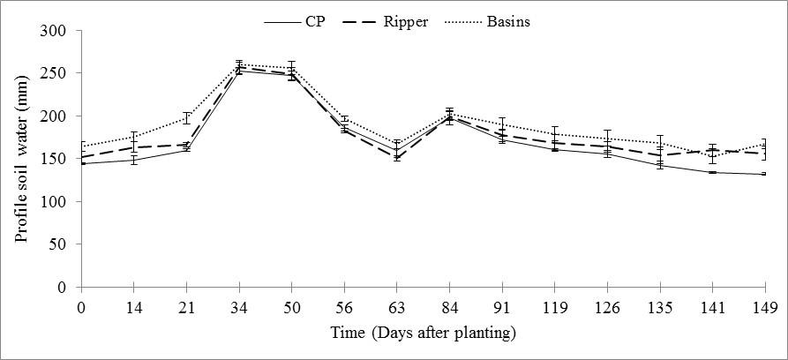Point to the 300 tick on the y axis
pos(56,31)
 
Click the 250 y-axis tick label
pos(56,74)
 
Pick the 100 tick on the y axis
pos(56,202)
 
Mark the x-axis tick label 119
pos(554,308)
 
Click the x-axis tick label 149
pos(765,308)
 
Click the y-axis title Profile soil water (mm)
pos(21,159)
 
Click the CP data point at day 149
pos(765,174)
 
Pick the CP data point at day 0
pos(81,163)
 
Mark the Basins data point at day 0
pos(81,146)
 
